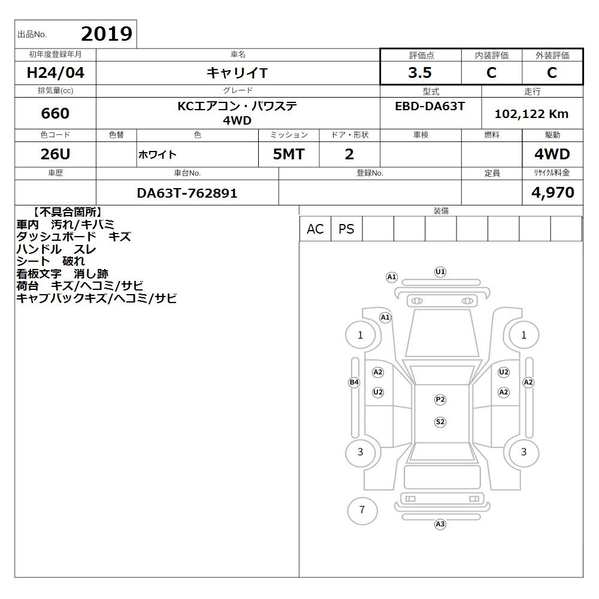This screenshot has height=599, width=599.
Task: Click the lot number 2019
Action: tap(107, 34)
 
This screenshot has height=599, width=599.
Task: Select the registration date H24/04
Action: tap(55, 72)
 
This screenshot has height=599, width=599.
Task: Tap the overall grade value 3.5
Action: tap(420, 72)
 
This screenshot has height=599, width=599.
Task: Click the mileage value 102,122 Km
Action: tap(531, 114)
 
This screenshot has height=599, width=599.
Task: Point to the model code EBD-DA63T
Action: tap(429, 106)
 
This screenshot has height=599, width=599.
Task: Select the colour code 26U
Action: tap(55, 154)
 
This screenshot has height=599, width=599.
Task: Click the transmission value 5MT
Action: tap(289, 154)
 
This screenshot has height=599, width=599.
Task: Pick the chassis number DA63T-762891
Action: tap(187, 193)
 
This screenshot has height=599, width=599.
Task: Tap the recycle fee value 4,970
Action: tap(552, 192)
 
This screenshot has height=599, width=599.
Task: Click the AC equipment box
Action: tap(315, 229)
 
